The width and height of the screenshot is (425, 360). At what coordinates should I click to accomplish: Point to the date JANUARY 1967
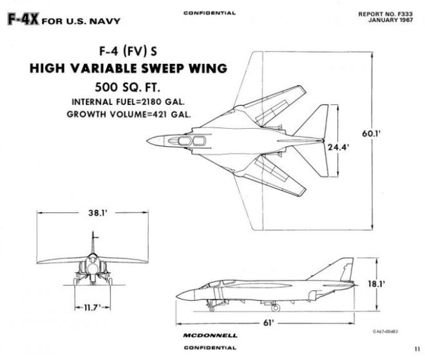tap(394, 19)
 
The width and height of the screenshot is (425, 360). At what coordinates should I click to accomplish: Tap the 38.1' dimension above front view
tap(98, 214)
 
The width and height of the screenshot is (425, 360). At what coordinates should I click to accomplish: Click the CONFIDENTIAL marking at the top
tap(209, 13)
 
